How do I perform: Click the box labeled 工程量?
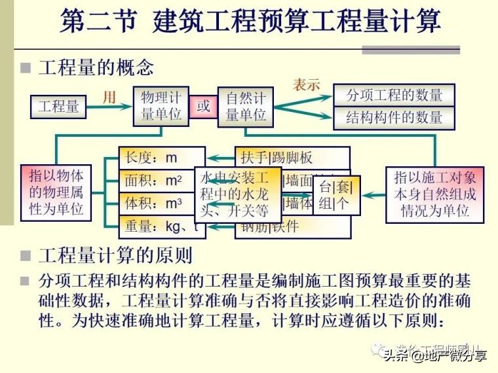[58, 107]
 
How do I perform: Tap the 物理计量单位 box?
[161, 106]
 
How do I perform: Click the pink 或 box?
[203, 106]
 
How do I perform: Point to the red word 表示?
[306, 85]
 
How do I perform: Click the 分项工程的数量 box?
[394, 95]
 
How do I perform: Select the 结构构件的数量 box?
[394, 118]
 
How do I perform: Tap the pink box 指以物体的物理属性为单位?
[56, 192]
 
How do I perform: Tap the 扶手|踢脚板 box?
[288, 158]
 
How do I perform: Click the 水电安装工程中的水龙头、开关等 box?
[234, 194]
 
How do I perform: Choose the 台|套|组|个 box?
[335, 195]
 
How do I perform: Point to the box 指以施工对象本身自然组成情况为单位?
[434, 194]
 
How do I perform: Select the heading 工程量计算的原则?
[115, 257]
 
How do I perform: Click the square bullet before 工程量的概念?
[26, 68]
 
